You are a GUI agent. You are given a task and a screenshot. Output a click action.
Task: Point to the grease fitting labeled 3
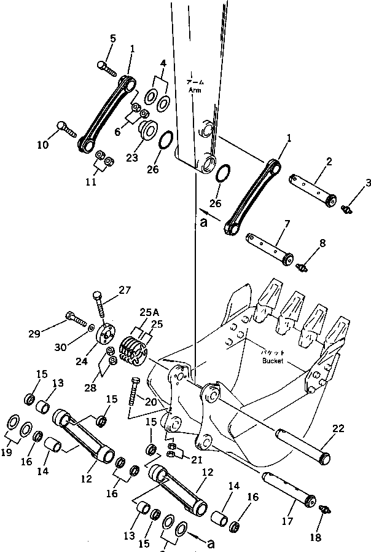[346, 210]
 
